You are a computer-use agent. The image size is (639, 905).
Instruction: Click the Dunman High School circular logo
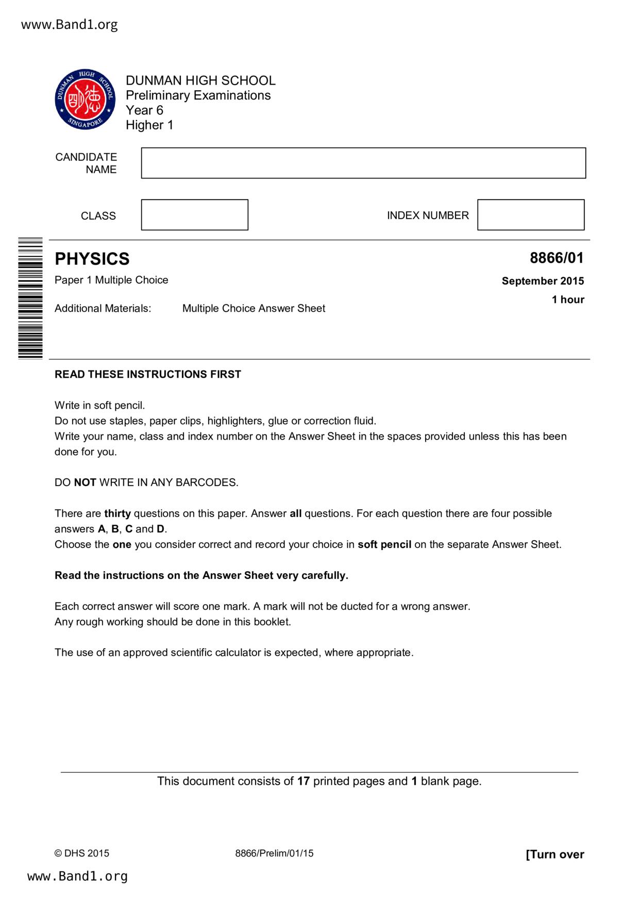tap(85, 99)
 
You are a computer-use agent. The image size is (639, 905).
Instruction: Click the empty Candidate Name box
tap(363, 163)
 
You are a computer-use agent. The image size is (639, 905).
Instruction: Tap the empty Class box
tap(194, 215)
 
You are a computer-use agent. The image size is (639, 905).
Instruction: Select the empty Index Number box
tap(530, 215)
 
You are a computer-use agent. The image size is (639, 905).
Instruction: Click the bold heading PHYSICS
tap(92, 258)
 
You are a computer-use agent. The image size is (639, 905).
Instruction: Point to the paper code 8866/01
tap(557, 258)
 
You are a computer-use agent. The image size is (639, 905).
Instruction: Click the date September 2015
tap(543, 281)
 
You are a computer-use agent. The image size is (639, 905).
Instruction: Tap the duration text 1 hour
tap(568, 300)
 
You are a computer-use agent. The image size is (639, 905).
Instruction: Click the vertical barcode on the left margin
tap(30, 298)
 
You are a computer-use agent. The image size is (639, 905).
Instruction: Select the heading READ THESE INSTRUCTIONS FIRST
tap(148, 375)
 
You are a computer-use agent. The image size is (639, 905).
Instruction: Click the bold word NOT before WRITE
tap(85, 483)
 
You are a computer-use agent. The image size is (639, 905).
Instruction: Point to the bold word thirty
tap(117, 514)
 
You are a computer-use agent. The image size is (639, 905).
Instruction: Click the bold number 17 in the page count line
tap(303, 781)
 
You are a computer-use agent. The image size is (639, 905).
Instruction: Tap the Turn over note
tap(554, 854)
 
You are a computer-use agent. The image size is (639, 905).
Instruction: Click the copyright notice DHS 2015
tap(82, 853)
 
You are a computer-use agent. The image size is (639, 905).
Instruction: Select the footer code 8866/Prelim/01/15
tap(274, 853)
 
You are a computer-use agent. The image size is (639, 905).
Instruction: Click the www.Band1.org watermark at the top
tap(70, 25)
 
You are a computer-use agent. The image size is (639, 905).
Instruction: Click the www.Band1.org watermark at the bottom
tap(77, 876)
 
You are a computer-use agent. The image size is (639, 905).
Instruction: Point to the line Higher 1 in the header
tap(149, 125)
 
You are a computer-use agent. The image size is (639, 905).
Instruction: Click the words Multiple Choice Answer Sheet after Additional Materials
tap(254, 309)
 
